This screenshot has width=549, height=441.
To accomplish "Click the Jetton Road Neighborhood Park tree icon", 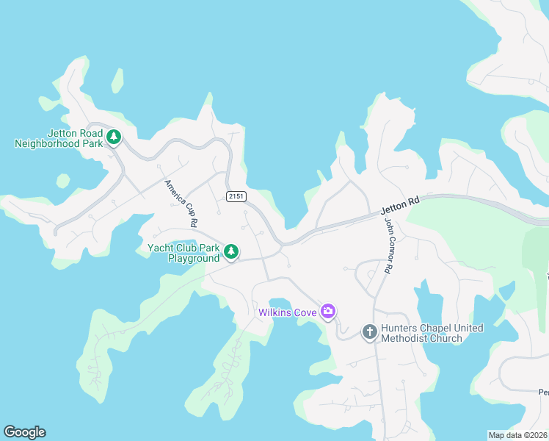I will pyautogui.click(x=114, y=137).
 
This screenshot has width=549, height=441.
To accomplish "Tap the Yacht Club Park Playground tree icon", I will pyautogui.click(x=231, y=252).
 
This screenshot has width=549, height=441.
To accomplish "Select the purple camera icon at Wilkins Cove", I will pyautogui.click(x=328, y=312).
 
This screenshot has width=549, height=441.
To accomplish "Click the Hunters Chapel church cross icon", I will pyautogui.click(x=369, y=333).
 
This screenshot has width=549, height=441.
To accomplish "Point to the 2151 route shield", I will pyautogui.click(x=236, y=196).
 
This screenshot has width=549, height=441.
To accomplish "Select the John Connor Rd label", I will pyautogui.click(x=388, y=248).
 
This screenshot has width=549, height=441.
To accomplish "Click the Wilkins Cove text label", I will pyautogui.click(x=287, y=313).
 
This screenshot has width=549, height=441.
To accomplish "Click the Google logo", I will pyautogui.click(x=25, y=432).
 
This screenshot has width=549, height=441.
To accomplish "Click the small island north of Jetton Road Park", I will pyautogui.click(x=117, y=81).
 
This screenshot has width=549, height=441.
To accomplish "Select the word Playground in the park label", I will pyautogui.click(x=194, y=259).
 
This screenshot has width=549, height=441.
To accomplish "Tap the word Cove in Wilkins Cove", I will pyautogui.click(x=305, y=313).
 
